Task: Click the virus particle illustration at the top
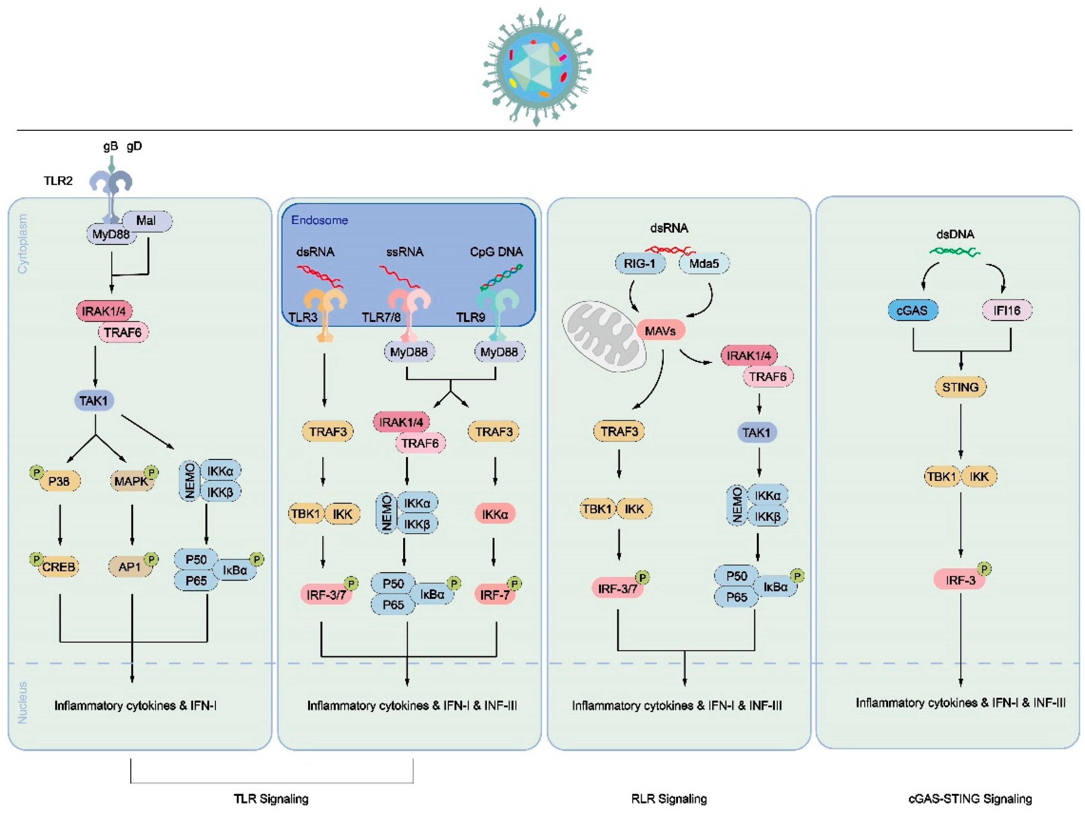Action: pyautogui.click(x=537, y=66)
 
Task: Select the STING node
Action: pyautogui.click(x=960, y=387)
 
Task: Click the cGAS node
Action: pyautogui.click(x=912, y=310)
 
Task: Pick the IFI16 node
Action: pyautogui.click(x=1007, y=310)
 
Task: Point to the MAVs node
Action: pyautogui.click(x=660, y=331)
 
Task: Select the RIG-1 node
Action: pyautogui.click(x=640, y=263)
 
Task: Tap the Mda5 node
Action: pyautogui.click(x=704, y=263)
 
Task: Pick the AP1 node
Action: pyautogui.click(x=130, y=567)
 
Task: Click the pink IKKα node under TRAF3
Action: pyautogui.click(x=495, y=514)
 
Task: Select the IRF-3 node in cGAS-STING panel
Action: pyautogui.click(x=960, y=580)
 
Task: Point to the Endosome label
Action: pyautogui.click(x=319, y=220)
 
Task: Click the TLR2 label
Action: pyautogui.click(x=58, y=181)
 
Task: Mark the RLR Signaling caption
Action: pyautogui.click(x=669, y=799)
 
